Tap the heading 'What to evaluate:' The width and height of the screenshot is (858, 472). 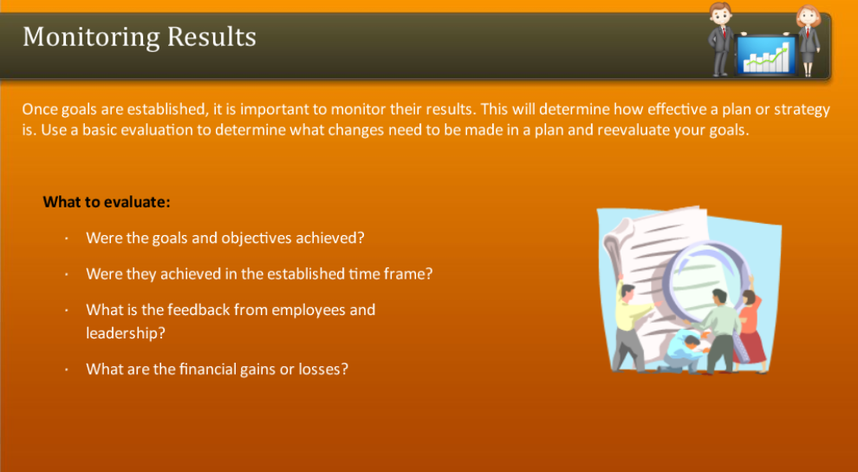[107, 202]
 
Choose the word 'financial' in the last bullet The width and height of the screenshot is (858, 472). [208, 369]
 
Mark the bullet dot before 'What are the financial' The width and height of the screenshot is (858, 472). [65, 370]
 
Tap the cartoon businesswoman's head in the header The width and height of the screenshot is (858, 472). [807, 16]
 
